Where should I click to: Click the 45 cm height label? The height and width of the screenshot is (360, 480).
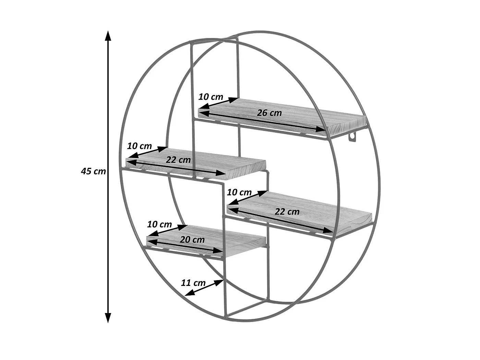pos(93,171)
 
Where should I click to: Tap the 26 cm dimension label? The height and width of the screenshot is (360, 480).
pos(269,113)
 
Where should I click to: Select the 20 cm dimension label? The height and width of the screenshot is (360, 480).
pos(192,240)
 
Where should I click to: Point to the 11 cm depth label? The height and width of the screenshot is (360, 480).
pos(193,283)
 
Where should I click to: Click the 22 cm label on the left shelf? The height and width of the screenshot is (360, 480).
pos(178,159)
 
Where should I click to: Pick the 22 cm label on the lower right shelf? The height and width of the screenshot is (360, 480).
pos(287,212)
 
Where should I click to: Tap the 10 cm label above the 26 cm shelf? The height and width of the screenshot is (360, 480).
pos(211,97)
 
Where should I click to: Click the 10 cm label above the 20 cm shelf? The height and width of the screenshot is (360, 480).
pos(159,225)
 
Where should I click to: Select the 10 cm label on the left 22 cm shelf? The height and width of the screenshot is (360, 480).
pos(139,146)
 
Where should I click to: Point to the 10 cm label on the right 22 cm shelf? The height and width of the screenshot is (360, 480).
pos(239,192)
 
